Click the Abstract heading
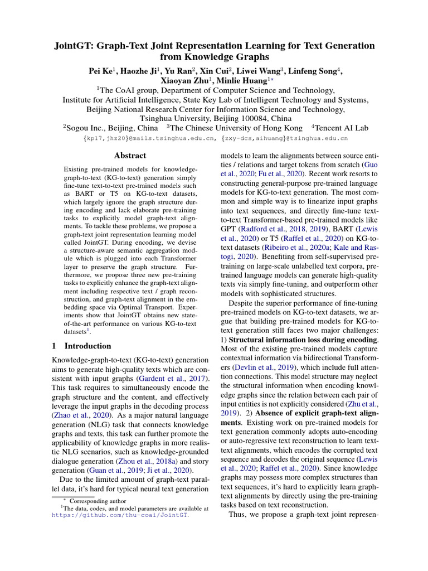pyautogui.click(x=130, y=156)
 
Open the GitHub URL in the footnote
pyautogui.click(x=120, y=516)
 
